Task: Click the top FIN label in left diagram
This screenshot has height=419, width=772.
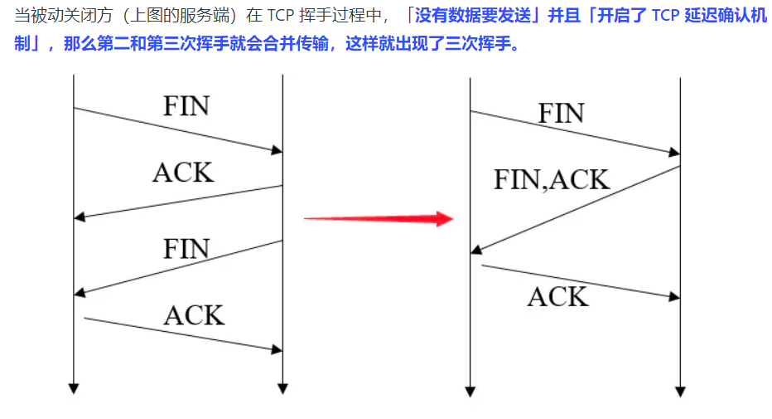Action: tap(186, 106)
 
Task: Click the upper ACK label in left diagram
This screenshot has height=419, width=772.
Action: tap(183, 172)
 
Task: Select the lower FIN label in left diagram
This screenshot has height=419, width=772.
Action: tap(186, 249)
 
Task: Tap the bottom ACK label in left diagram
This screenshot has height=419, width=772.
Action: tap(194, 315)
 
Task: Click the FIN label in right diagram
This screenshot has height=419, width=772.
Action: tap(561, 114)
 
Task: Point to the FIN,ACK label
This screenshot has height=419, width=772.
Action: tap(551, 180)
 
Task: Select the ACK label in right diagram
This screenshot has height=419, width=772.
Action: tap(557, 296)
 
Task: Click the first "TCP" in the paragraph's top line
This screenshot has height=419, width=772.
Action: tap(281, 16)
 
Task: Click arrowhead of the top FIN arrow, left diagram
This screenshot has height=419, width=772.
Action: tap(277, 150)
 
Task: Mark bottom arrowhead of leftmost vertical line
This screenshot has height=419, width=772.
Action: tap(74, 387)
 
